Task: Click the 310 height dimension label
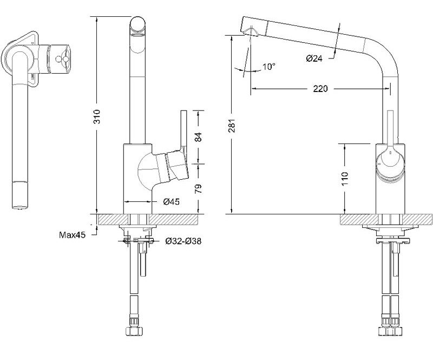(x=97, y=116)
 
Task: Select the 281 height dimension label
(x=232, y=126)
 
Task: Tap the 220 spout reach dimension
(x=320, y=89)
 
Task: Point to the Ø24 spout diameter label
(x=314, y=58)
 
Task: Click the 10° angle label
(x=269, y=67)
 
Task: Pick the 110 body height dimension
(x=345, y=179)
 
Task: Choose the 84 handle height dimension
(x=198, y=138)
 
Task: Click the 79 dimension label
(x=198, y=188)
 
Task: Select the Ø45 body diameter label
(x=171, y=202)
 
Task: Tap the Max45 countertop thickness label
(x=73, y=235)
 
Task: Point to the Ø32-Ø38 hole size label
(x=183, y=241)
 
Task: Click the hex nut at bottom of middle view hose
(x=134, y=330)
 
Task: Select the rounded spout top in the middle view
(x=137, y=25)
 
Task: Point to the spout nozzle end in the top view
(x=20, y=195)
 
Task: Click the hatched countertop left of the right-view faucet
(x=358, y=219)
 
